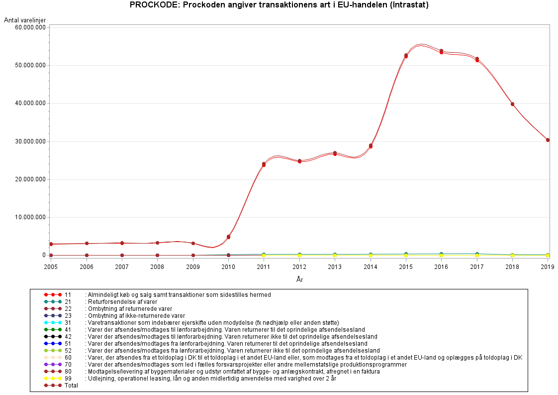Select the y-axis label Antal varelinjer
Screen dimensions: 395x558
(25, 20)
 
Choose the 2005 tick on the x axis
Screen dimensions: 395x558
(51, 266)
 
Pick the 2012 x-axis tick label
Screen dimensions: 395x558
(299, 266)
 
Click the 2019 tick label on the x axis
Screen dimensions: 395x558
(548, 266)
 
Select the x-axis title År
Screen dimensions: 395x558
(299, 279)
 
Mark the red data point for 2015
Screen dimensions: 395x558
(406, 56)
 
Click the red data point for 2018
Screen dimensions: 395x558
(512, 104)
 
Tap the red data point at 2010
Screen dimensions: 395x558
(228, 237)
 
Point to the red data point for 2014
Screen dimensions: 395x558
(371, 146)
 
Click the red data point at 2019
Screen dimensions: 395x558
(548, 140)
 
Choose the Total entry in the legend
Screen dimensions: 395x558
(71, 386)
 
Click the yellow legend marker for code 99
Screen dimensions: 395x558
(52, 379)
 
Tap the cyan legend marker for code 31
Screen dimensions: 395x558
(52, 323)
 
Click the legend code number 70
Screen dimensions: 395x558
(68, 365)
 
